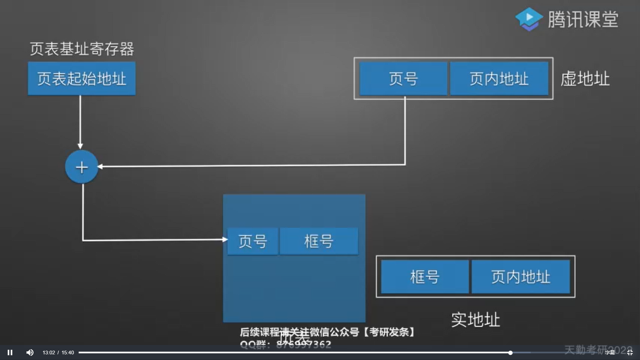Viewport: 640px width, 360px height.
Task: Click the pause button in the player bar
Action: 10,352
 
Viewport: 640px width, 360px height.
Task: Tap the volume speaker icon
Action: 30,352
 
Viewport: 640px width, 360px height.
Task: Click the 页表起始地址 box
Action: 82,79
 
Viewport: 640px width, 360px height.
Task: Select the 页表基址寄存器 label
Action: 82,49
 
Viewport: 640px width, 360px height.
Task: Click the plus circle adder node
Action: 82,167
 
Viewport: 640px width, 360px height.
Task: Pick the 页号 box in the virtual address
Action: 403,79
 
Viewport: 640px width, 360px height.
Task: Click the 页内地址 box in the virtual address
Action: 499,79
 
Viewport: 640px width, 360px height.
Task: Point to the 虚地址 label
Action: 585,79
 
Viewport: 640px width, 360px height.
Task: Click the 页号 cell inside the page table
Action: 253,241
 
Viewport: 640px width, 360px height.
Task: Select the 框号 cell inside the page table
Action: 319,241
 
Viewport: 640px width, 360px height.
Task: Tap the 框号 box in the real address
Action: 425,277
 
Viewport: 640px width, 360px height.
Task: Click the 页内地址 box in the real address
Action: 521,277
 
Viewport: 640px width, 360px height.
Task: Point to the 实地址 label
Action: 476,320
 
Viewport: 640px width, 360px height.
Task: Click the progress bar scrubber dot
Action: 510,352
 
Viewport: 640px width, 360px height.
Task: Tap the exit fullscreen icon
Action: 630,352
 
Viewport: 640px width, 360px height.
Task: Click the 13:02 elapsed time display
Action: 49,353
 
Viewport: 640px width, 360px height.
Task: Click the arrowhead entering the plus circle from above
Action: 80,146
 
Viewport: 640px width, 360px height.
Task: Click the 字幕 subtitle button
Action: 610,352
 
